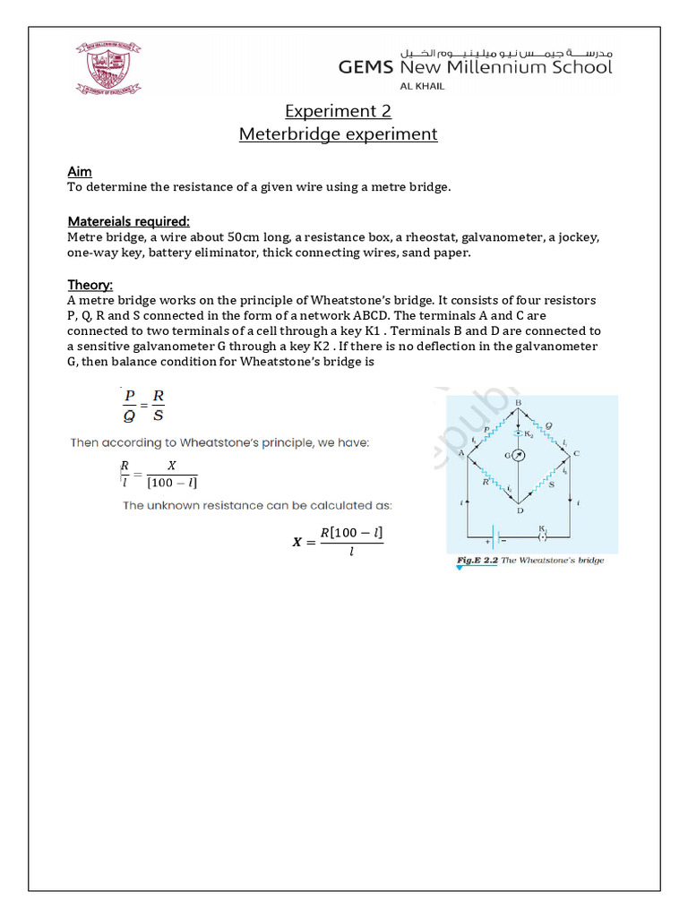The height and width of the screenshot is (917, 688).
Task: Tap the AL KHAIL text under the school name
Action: pyautogui.click(x=421, y=86)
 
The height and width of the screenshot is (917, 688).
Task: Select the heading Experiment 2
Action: pyautogui.click(x=338, y=111)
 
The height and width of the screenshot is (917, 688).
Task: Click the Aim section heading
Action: pyautogui.click(x=80, y=171)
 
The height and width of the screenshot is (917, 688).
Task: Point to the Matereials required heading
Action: pyautogui.click(x=129, y=221)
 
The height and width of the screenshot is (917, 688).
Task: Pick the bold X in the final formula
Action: pyautogui.click(x=297, y=543)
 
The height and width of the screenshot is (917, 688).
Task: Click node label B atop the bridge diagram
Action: pyautogui.click(x=519, y=404)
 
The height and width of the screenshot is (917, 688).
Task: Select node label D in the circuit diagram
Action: pyautogui.click(x=519, y=510)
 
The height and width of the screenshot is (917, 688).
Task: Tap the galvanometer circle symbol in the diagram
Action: pyautogui.click(x=518, y=455)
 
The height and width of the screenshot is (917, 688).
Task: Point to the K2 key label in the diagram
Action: pyautogui.click(x=529, y=434)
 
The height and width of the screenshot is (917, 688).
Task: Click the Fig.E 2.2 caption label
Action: pyautogui.click(x=475, y=561)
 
